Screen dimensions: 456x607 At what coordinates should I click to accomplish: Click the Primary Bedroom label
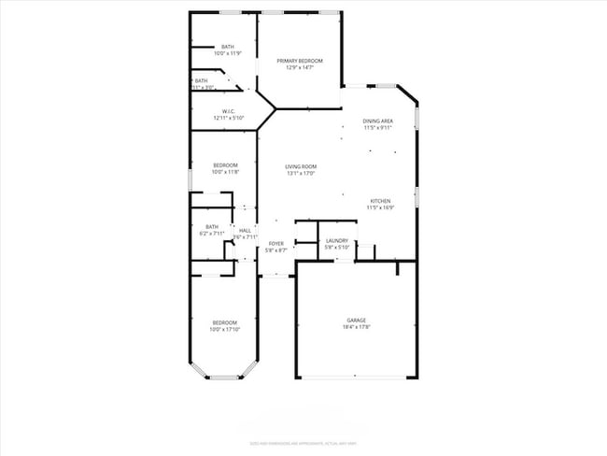pos(300,61)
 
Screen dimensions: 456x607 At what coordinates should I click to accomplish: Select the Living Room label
pos(301,166)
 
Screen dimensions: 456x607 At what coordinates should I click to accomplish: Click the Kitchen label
pos(380,201)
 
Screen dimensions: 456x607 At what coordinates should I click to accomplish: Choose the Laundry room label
pos(337,241)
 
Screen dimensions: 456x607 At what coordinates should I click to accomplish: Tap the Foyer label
pos(276,244)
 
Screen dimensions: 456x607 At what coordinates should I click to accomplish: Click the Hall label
pos(245,231)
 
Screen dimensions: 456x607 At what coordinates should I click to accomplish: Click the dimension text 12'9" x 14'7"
pos(300,67)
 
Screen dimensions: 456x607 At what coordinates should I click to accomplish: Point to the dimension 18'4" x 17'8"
pos(356,327)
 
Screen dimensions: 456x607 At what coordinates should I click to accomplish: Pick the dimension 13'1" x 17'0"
pos(301,173)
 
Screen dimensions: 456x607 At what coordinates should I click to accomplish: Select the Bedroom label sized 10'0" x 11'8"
pos(225,165)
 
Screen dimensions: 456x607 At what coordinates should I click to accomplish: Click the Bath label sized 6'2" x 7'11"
pos(212,226)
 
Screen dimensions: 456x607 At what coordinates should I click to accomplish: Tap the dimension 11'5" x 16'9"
pos(380,207)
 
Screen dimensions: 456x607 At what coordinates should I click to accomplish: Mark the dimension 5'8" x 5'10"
pos(337,248)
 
